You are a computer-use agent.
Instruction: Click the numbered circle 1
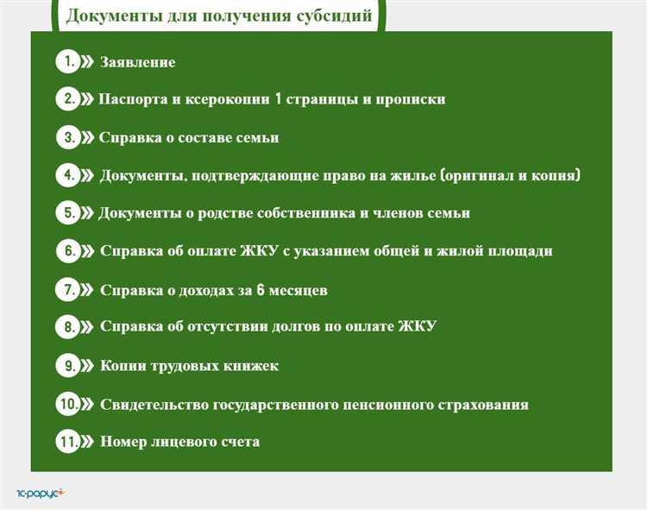coord(66,61)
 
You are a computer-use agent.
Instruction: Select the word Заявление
coord(138,62)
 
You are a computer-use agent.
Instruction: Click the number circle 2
coord(67,99)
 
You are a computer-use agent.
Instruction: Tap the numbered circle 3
coord(67,137)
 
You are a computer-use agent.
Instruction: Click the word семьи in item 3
coord(257,137)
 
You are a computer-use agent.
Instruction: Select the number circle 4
coord(67,175)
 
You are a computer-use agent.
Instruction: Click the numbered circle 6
coord(67,251)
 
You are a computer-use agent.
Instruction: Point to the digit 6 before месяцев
coord(260,290)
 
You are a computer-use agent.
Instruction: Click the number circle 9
coord(67,366)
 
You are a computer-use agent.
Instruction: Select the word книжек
coord(250,366)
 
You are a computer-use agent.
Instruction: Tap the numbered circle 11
coord(68,441)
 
